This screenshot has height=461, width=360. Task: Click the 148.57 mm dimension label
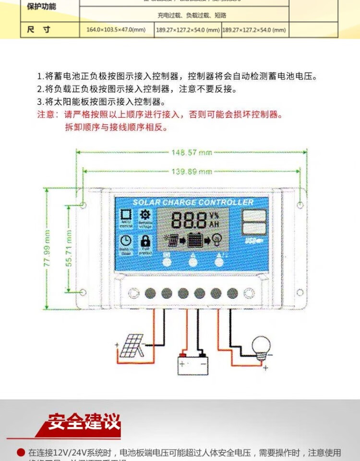tap(192, 152)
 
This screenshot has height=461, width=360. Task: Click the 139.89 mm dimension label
tap(192, 171)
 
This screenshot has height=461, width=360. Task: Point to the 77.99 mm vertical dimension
tap(47, 249)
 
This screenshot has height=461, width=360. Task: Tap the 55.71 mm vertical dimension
tap(69, 249)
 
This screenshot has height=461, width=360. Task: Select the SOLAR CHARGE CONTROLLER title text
tap(192, 202)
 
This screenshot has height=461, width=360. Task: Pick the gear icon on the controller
tap(144, 215)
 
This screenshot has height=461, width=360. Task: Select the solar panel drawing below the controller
tap(131, 346)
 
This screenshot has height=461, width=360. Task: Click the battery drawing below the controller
tap(193, 364)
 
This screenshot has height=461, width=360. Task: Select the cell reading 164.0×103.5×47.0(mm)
tap(116, 30)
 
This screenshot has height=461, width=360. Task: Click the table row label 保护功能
tap(41, 6)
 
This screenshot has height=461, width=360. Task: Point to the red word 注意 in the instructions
tap(47, 115)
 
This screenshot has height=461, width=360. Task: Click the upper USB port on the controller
tap(254, 216)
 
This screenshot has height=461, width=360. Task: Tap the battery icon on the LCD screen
tap(194, 239)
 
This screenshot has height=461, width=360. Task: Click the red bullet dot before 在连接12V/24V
tap(21, 452)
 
